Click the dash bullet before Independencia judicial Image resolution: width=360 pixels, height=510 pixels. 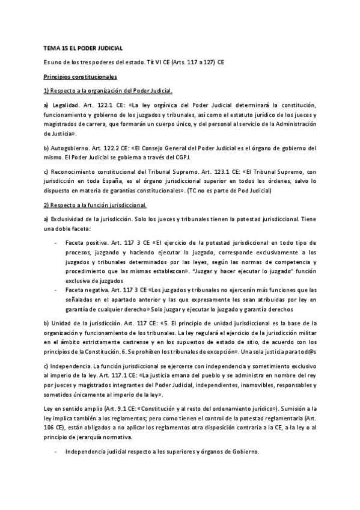pyautogui.click(x=55, y=452)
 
